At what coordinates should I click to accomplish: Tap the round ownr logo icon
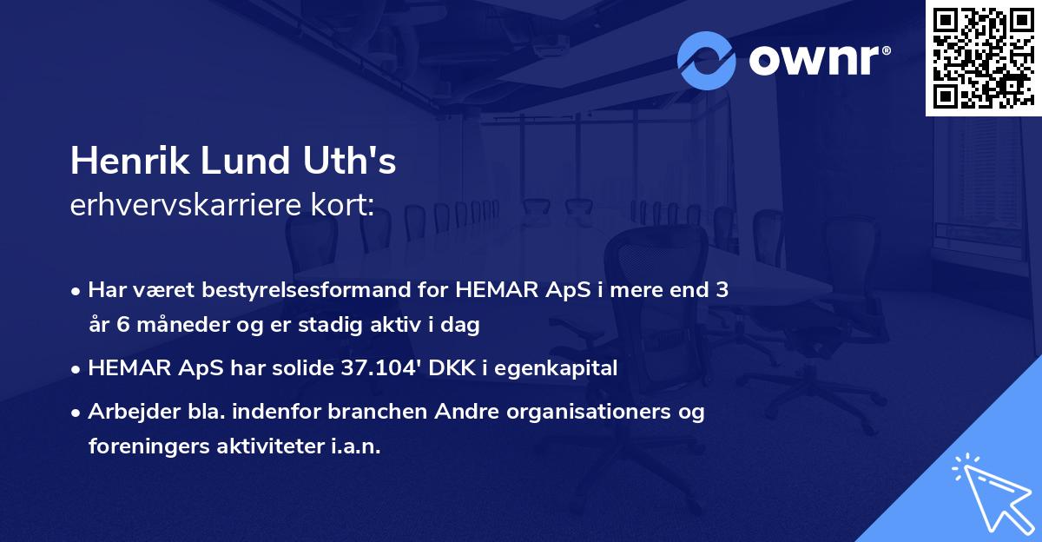point(707,60)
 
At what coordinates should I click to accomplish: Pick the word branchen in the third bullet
point(379,412)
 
